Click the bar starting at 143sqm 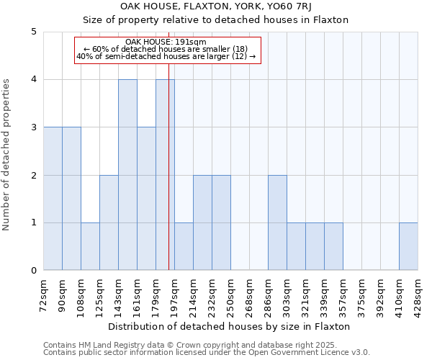point(127,175)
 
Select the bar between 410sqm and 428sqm point(408,246)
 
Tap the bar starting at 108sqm point(90,246)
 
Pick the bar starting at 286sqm point(277,222)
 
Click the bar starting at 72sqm point(53,199)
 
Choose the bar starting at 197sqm point(184,246)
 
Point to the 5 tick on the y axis point(34,32)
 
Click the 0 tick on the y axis point(34,271)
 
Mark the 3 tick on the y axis point(34,127)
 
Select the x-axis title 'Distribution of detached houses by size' point(230,326)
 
